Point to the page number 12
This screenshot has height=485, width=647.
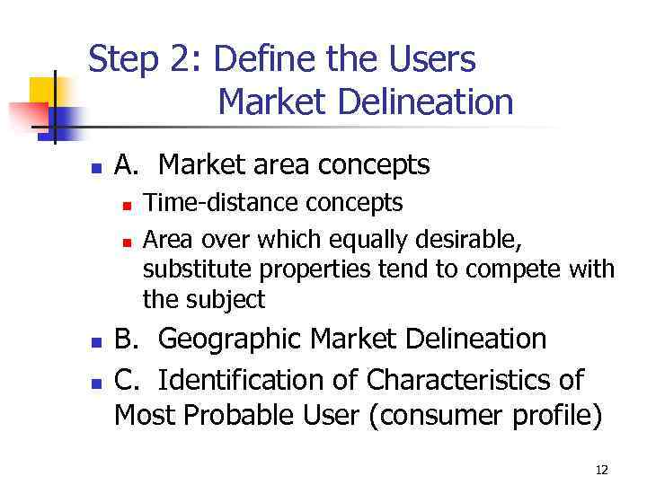tap(601, 470)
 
